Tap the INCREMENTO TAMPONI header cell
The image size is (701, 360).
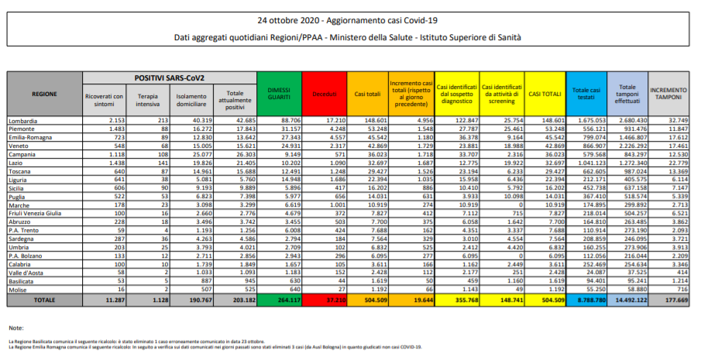click(x=668, y=93)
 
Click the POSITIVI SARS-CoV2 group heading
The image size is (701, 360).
click(x=169, y=77)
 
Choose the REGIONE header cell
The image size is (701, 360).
click(x=43, y=93)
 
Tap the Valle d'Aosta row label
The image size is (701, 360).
click(x=26, y=273)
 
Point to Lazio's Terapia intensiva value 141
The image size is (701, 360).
click(x=162, y=163)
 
